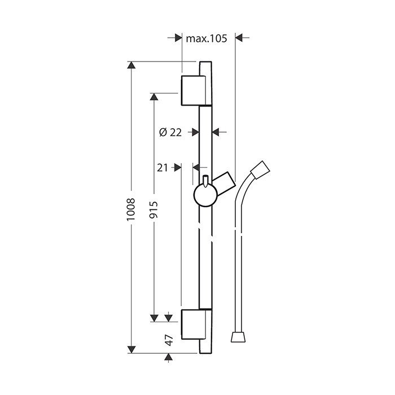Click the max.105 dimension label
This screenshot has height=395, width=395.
[x=206, y=38]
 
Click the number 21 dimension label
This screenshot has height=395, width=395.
[x=163, y=167]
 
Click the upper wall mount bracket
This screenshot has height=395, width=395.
[x=190, y=90]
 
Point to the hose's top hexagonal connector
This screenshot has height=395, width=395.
[x=260, y=169]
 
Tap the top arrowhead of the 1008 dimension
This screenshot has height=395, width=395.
[x=131, y=66]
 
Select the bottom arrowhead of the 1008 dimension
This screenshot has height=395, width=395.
[x=131, y=349]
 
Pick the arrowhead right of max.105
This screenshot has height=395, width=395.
[x=238, y=38]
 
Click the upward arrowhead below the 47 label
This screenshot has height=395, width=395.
[x=169, y=358]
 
